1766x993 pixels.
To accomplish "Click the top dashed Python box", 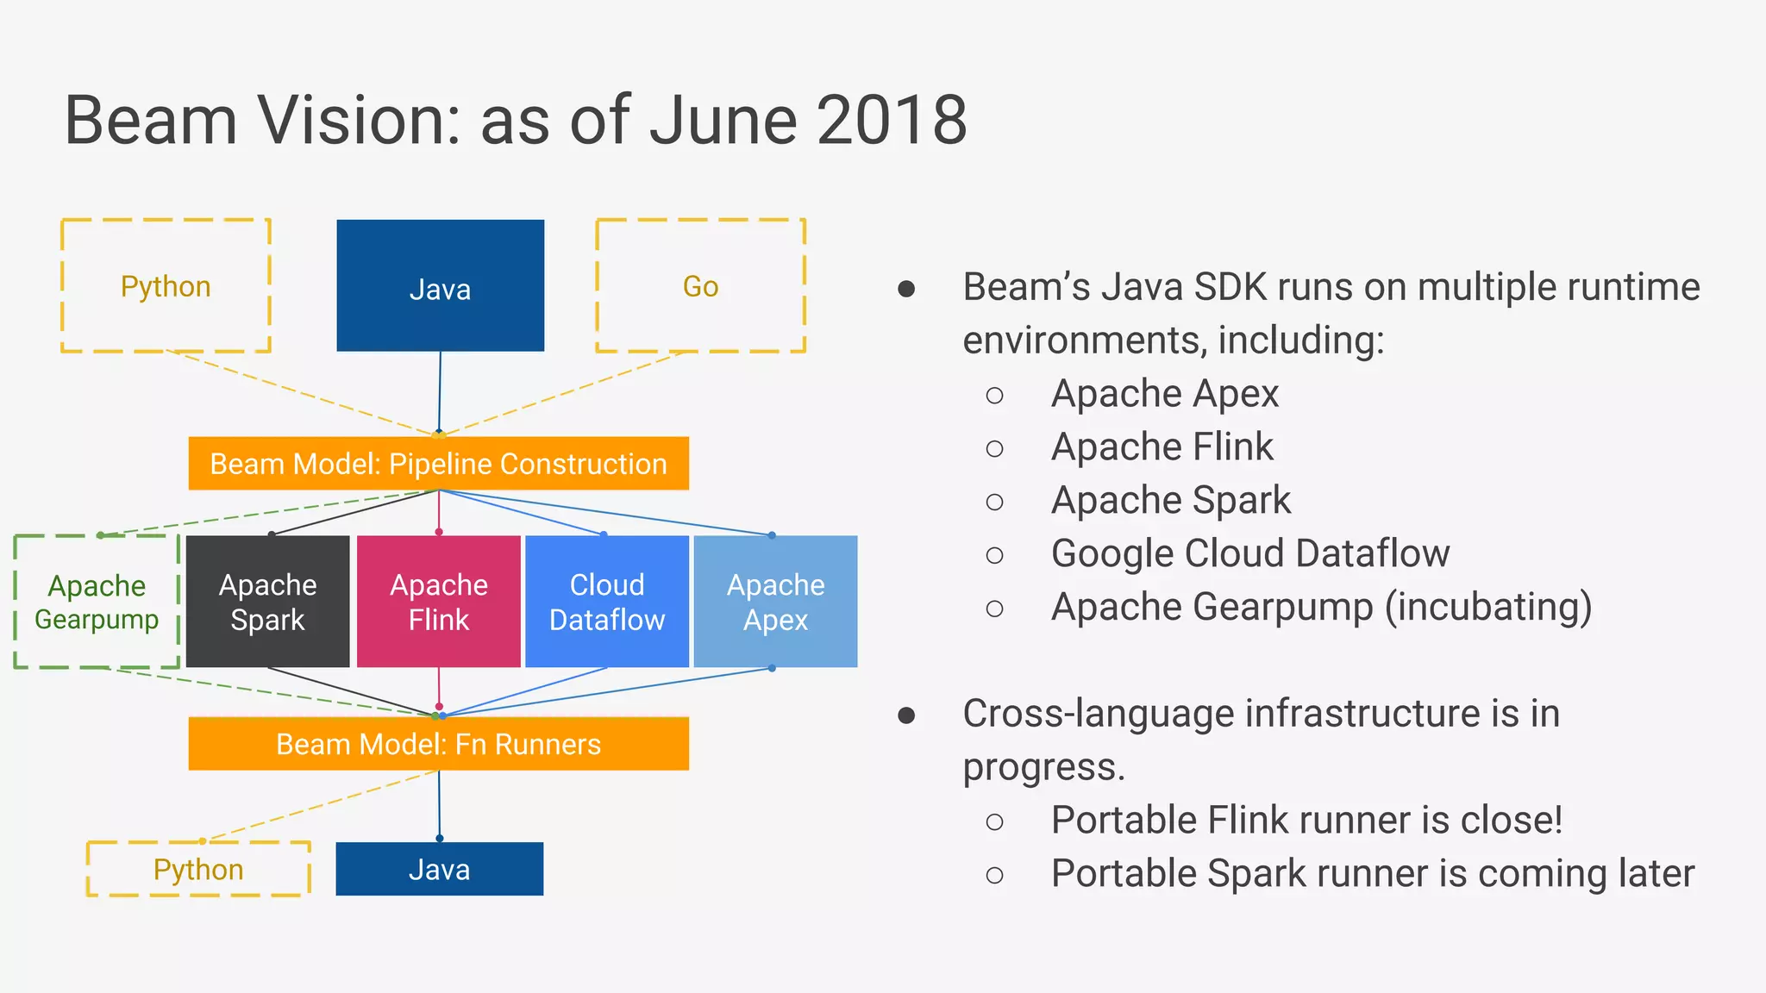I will point(166,285).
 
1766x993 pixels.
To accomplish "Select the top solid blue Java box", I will point(440,285).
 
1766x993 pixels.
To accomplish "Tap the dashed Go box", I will point(700,285).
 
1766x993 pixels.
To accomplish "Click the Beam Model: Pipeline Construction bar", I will point(438,464).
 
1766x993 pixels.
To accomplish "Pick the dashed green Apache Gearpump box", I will point(97,602).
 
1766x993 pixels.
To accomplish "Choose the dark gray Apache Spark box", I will point(267,602).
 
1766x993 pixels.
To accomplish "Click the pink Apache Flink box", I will point(438,602).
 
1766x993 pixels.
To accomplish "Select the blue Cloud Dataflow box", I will point(607,602).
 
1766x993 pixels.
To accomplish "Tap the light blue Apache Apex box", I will point(775,602).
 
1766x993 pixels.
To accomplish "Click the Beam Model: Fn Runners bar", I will point(438,744).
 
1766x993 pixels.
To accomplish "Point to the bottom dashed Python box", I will point(198,869).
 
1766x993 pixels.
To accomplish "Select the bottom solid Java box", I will point(439,869).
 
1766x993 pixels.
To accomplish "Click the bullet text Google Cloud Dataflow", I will point(1249,553).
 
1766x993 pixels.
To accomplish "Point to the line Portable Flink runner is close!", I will point(1306,820).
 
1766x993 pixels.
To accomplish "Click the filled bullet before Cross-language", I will point(906,715).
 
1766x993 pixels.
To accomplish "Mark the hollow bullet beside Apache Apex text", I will point(994,396).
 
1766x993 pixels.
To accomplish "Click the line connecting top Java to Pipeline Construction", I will point(440,392).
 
